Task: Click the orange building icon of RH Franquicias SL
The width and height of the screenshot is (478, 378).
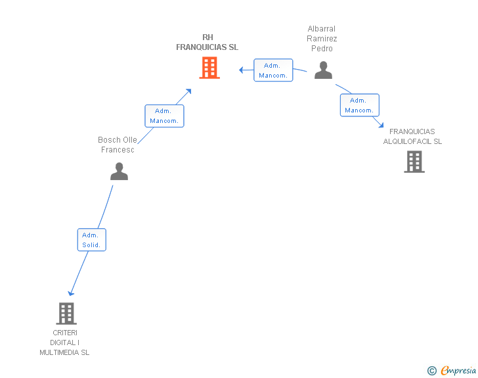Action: (209, 68)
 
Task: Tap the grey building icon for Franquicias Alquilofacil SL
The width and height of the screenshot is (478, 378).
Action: (414, 162)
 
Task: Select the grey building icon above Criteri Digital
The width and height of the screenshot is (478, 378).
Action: (66, 314)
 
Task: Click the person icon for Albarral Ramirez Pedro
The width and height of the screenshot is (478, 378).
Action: (323, 70)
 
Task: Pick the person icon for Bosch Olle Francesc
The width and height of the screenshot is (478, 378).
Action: (119, 172)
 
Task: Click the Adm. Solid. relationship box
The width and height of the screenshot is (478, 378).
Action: (92, 240)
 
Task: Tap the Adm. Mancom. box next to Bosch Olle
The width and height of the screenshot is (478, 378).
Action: (164, 116)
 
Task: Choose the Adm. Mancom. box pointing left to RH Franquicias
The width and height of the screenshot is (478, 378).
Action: (273, 70)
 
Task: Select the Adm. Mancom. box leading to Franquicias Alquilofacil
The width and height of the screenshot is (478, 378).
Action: (360, 105)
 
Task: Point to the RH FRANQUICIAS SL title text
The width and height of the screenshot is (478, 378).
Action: (207, 42)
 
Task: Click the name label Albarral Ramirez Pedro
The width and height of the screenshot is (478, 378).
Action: (322, 39)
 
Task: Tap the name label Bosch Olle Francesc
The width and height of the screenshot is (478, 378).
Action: (118, 145)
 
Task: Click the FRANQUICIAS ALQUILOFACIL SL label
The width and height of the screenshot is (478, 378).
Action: (412, 137)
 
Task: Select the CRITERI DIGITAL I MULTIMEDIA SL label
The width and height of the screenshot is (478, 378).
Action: (64, 343)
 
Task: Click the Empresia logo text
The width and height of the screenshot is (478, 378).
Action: (458, 370)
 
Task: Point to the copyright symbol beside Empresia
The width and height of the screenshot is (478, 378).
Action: (432, 371)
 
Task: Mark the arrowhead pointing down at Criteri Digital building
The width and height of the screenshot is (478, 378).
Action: (71, 294)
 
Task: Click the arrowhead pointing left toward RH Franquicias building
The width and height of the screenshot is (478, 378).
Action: (241, 70)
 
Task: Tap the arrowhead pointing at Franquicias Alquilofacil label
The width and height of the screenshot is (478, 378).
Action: (381, 125)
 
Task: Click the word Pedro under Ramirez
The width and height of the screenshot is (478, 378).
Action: (322, 49)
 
